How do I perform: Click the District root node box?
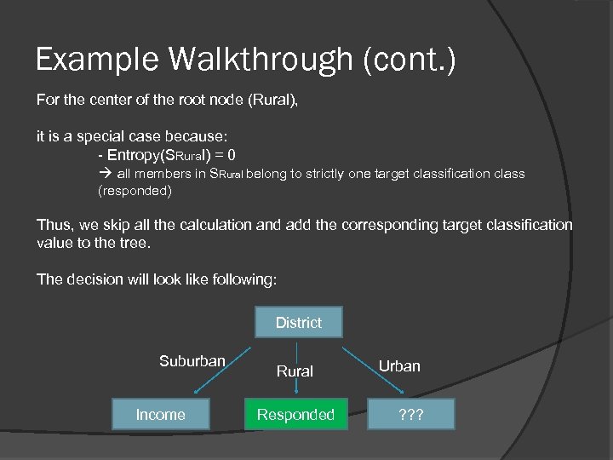pyautogui.click(x=298, y=322)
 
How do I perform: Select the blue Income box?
pyautogui.click(x=160, y=415)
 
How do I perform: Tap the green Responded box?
pyautogui.click(x=295, y=415)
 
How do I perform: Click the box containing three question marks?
pyautogui.click(x=411, y=415)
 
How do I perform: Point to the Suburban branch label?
pyautogui.click(x=192, y=361)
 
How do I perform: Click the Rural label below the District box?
pyautogui.click(x=295, y=371)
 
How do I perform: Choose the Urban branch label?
pyautogui.click(x=399, y=365)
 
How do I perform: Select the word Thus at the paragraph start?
pyautogui.click(x=52, y=225)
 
